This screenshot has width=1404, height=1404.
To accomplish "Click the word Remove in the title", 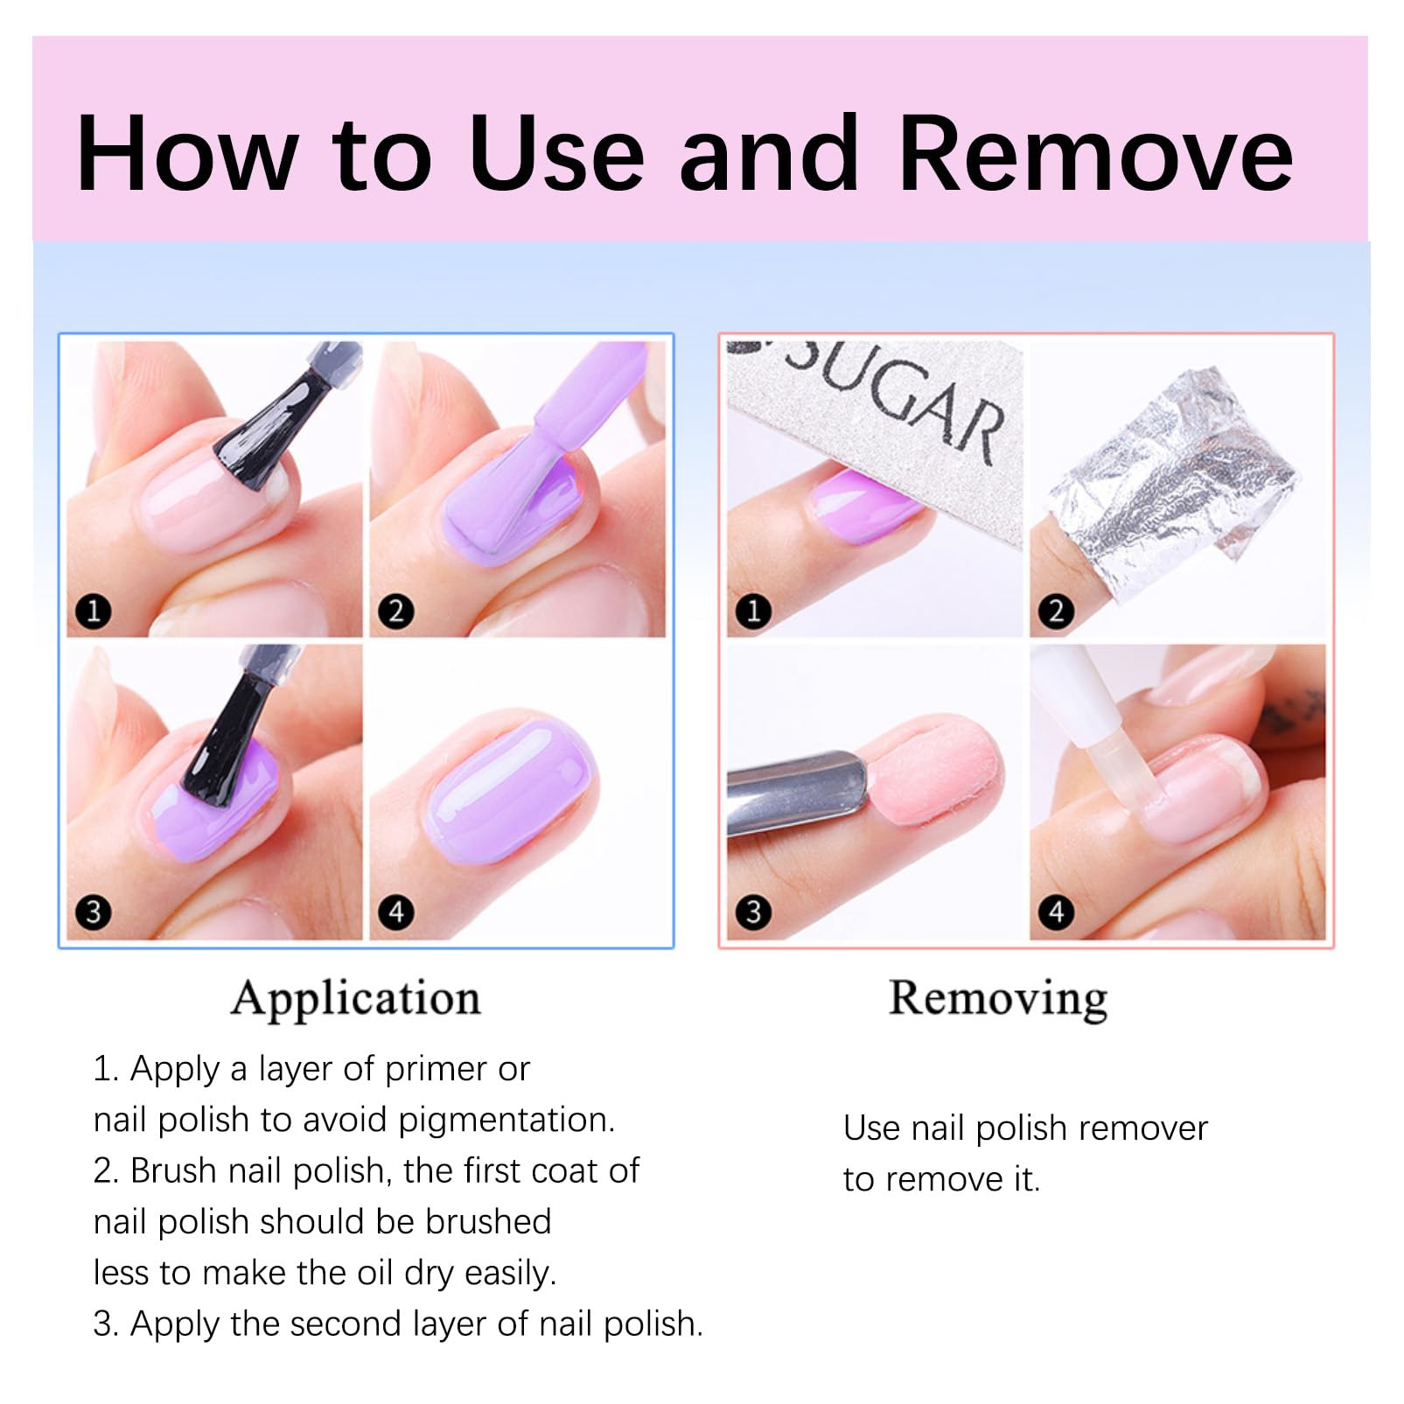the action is [x=1095, y=153].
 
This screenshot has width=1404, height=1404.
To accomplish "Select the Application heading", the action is [x=356, y=999].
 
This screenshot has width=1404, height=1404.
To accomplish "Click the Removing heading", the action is [x=998, y=999].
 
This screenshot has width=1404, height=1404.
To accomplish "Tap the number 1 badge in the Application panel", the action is [x=94, y=611].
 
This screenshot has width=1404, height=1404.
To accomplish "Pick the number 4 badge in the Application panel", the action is [x=396, y=912].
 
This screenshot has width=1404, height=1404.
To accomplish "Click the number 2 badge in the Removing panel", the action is [x=1056, y=611].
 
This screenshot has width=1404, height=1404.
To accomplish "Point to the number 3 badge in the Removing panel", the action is [x=753, y=912].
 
